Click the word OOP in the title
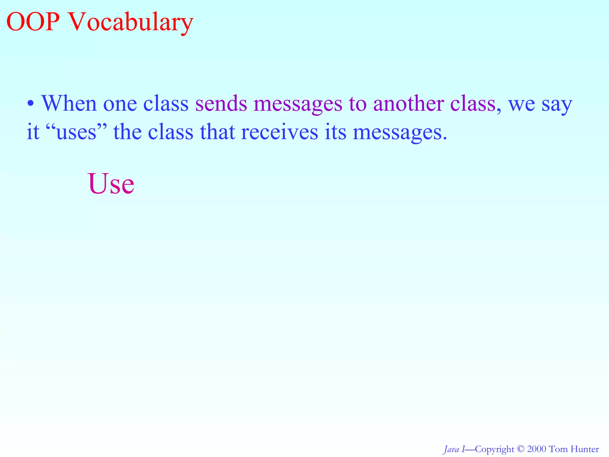tap(32, 22)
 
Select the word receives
tap(279, 132)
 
